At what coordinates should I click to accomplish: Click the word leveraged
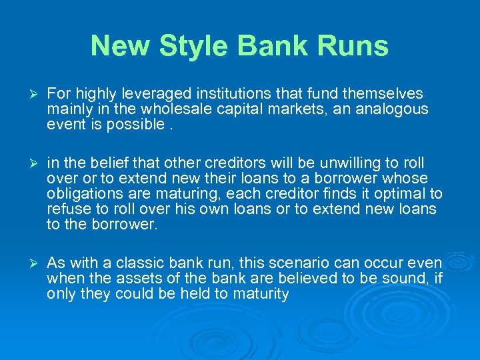coord(139,95)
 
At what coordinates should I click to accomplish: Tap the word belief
coord(107,164)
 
